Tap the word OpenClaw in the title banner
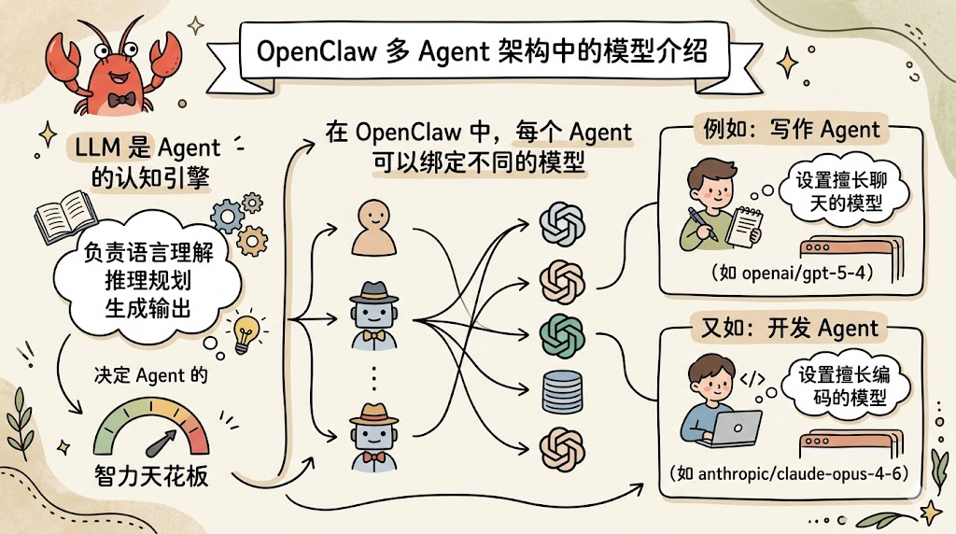[313, 51]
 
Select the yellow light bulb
[246, 329]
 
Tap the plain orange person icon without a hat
[374, 228]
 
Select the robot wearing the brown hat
[373, 431]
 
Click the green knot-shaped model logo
[563, 332]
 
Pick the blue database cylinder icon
[563, 390]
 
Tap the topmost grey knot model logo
[563, 222]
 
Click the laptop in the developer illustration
[733, 429]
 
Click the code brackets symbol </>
[752, 380]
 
